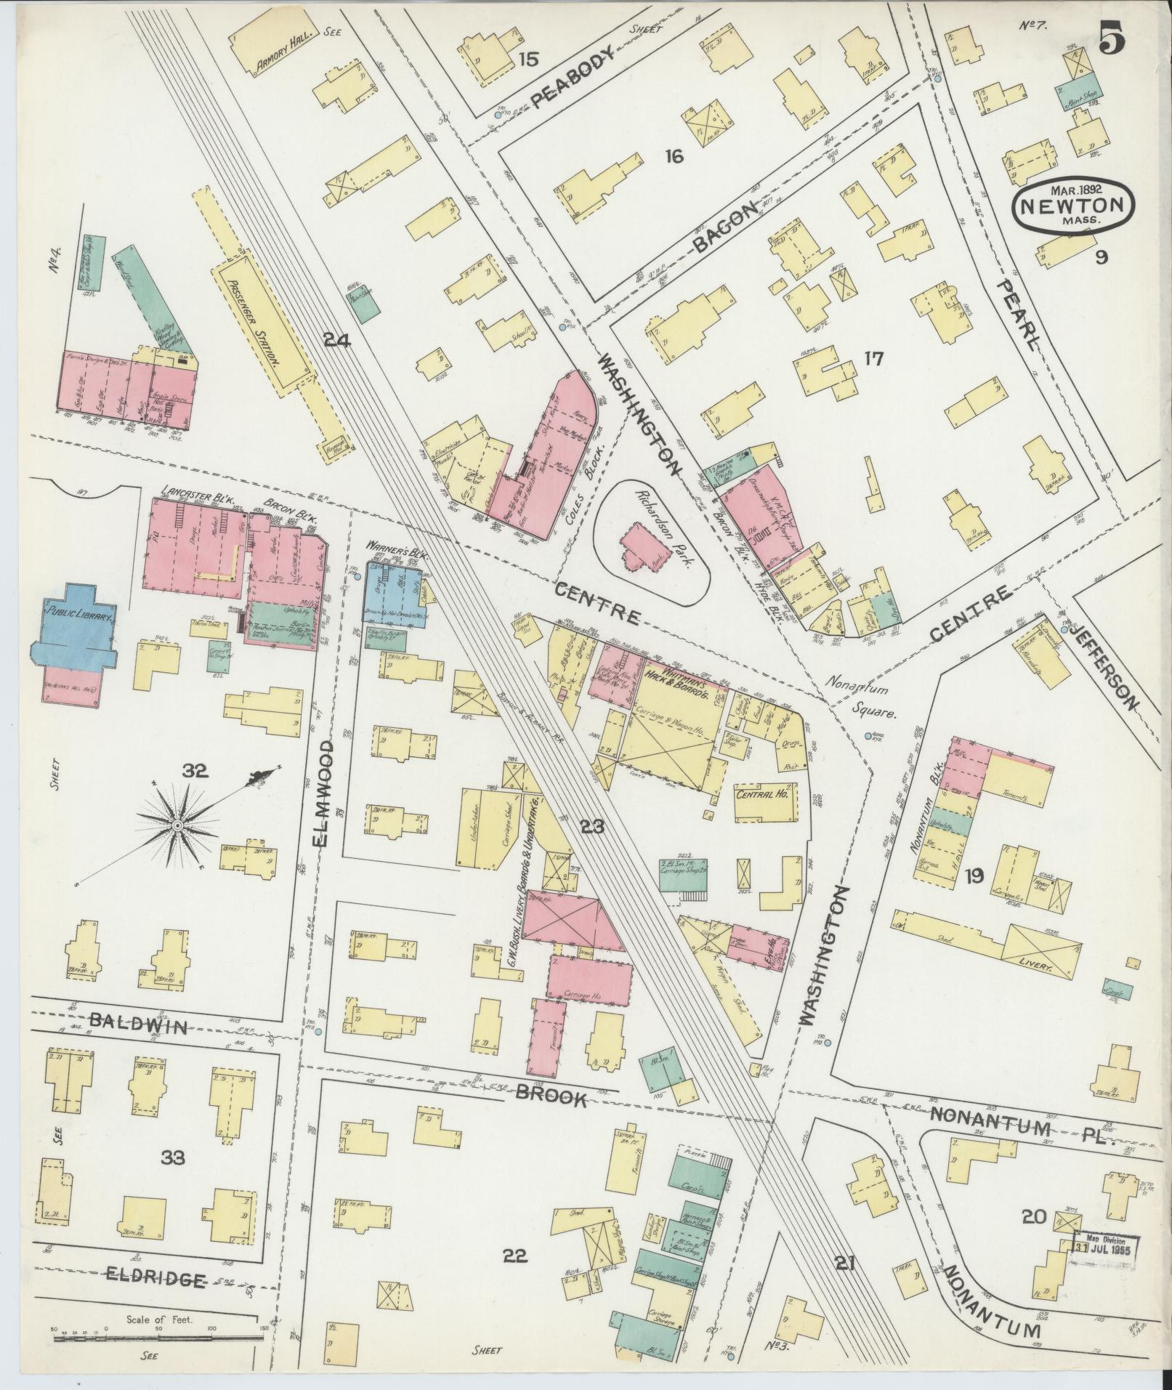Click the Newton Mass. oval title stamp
point(1074,206)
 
